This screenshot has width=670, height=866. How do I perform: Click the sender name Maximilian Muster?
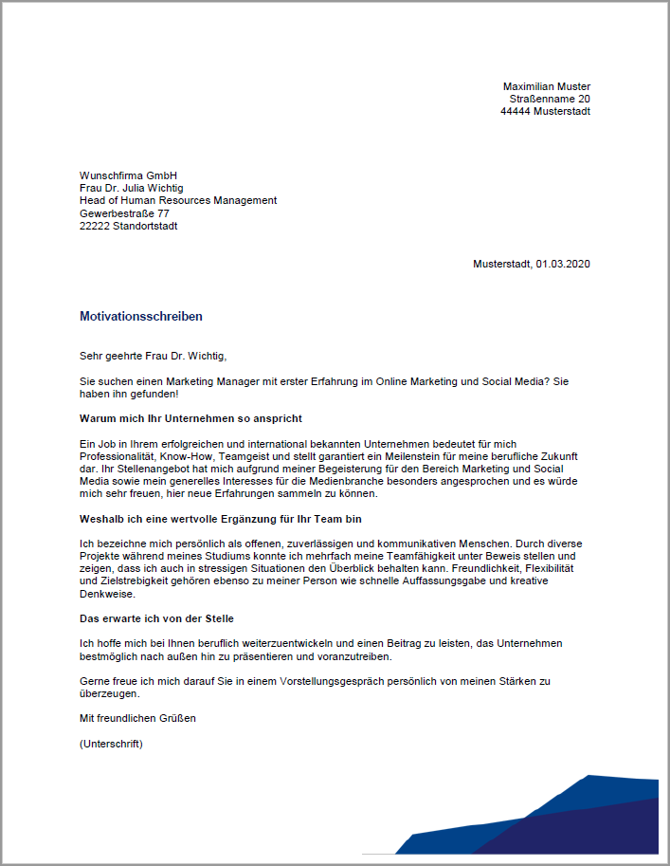click(x=546, y=86)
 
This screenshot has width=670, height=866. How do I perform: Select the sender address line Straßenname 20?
click(x=550, y=99)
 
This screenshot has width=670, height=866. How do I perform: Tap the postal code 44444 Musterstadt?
click(x=545, y=111)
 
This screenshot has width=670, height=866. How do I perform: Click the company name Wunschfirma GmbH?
click(x=128, y=175)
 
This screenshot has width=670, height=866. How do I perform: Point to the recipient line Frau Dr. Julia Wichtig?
click(x=132, y=188)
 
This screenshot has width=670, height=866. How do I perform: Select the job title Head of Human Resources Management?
click(x=178, y=200)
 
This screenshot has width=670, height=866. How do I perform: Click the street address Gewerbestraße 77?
click(x=124, y=213)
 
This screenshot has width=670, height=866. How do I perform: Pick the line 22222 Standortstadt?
click(x=128, y=226)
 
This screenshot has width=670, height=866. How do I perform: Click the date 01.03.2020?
click(x=562, y=264)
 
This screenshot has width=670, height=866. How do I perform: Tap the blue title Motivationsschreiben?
click(x=141, y=317)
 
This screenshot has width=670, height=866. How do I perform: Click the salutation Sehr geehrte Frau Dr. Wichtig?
click(x=154, y=357)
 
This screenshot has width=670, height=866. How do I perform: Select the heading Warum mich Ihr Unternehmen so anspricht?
click(x=190, y=418)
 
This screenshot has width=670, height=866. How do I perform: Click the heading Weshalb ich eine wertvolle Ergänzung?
click(x=220, y=519)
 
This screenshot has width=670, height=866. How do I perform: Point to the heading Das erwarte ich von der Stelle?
click(x=156, y=618)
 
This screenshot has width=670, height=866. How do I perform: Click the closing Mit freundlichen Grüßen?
click(x=137, y=718)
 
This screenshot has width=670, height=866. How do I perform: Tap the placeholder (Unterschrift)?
click(x=111, y=744)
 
